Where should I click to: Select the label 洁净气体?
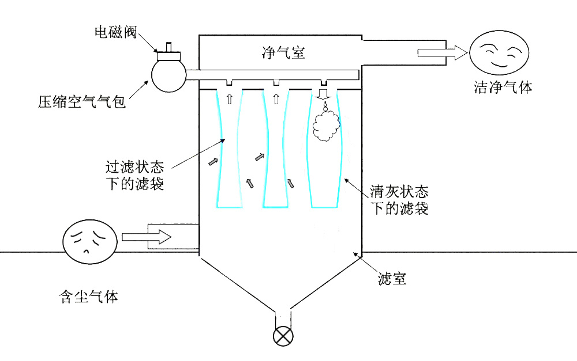click(x=503, y=88)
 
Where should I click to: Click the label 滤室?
click(x=392, y=279)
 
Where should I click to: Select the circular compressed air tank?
click(x=168, y=75)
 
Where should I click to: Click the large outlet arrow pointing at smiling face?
click(x=441, y=54)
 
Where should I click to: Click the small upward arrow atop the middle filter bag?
click(x=276, y=99)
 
